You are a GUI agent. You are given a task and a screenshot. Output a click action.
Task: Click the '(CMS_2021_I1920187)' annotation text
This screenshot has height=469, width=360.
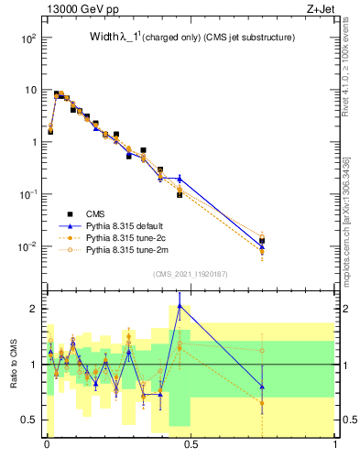point(190,272)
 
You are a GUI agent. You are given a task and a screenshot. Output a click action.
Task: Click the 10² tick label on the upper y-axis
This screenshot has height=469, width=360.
point(28,38)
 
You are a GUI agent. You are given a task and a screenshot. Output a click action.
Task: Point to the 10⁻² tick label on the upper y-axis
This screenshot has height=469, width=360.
point(28,246)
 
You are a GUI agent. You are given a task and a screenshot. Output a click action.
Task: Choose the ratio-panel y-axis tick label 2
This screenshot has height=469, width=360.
point(35,309)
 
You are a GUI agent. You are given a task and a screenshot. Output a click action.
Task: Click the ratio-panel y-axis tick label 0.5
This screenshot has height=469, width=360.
point(30,420)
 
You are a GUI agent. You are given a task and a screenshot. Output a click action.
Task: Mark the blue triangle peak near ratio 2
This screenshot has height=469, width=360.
point(180,306)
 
